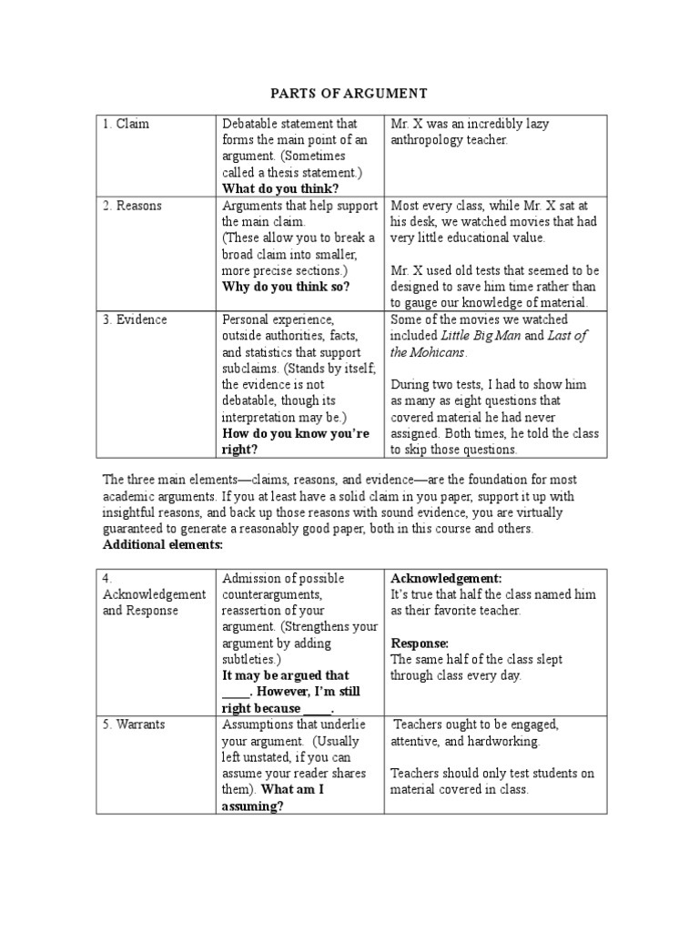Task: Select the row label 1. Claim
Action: point(127,123)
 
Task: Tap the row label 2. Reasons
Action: point(132,205)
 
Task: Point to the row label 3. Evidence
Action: point(135,319)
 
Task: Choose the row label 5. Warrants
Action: point(136,724)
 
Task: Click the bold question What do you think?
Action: point(280,188)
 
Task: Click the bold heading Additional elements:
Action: point(162,544)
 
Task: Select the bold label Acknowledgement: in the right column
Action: point(446,578)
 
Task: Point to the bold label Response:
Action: point(421,643)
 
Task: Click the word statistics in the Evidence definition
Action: point(268,352)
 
